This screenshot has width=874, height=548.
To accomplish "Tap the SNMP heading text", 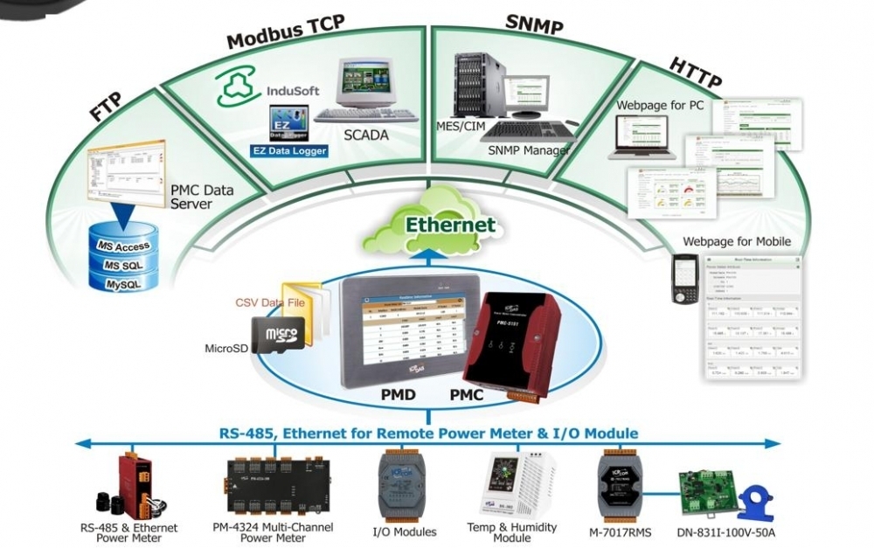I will point(533,24).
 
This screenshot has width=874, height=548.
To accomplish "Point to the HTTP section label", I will point(696,73).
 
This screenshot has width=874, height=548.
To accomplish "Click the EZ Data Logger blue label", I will point(289,150).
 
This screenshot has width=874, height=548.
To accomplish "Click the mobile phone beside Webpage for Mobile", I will point(684,279).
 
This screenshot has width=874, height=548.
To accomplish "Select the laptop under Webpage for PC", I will point(646,138).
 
